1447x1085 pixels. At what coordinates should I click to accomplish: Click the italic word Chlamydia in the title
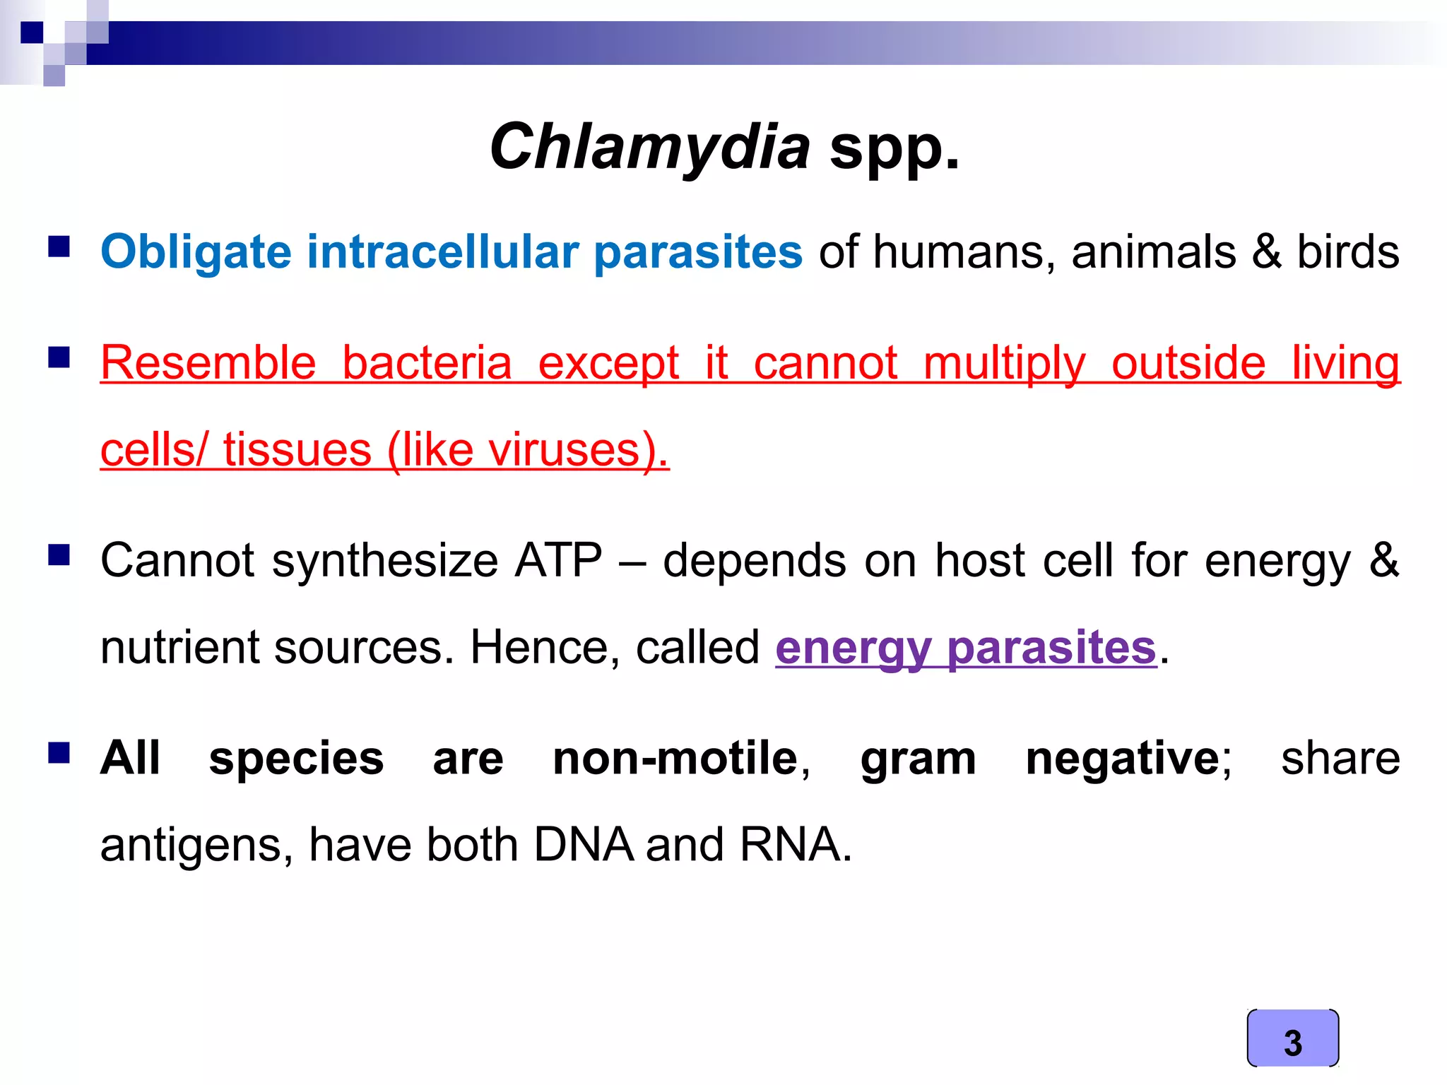click(x=649, y=147)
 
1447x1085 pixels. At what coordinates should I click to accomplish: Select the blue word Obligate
click(x=196, y=252)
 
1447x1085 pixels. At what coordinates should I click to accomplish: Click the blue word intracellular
click(x=442, y=252)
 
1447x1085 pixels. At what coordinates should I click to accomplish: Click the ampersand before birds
click(x=1266, y=252)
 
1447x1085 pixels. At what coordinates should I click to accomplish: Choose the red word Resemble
click(x=208, y=363)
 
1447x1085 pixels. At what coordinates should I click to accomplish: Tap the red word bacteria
click(x=427, y=363)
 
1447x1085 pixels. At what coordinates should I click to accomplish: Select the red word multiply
click(x=1004, y=363)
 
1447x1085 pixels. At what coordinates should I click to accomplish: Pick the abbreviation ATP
click(x=558, y=561)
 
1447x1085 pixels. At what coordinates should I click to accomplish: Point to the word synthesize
click(x=385, y=561)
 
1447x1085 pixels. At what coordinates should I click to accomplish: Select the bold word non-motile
click(x=675, y=759)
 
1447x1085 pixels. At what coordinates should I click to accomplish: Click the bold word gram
click(x=918, y=759)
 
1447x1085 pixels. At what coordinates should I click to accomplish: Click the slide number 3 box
click(x=1292, y=1038)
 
